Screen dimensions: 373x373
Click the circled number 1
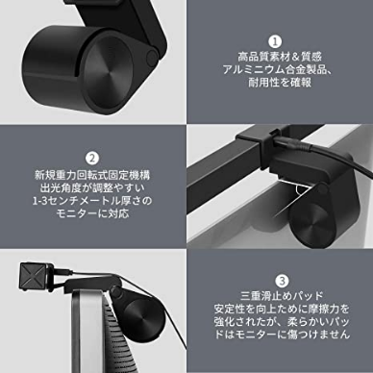point(275,41)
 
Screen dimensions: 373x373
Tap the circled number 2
point(92,159)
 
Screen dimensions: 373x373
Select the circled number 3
point(282,281)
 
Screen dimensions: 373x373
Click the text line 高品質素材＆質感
point(280,57)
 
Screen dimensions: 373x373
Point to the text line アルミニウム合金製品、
point(278,69)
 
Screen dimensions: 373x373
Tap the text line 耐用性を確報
point(280,83)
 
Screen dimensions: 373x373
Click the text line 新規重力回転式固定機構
point(92,175)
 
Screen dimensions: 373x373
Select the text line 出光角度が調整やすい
point(92,187)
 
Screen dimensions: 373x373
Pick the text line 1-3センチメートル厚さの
point(92,201)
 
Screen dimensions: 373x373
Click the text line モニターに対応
point(92,213)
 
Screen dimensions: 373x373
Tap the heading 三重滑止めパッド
point(282,296)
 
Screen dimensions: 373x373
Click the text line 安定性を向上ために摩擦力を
point(282,309)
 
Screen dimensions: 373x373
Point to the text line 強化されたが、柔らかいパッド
point(282,321)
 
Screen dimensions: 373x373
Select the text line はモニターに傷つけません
point(282,335)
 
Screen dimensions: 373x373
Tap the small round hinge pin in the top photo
point(152,57)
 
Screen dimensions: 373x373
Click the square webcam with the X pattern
point(34,276)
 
